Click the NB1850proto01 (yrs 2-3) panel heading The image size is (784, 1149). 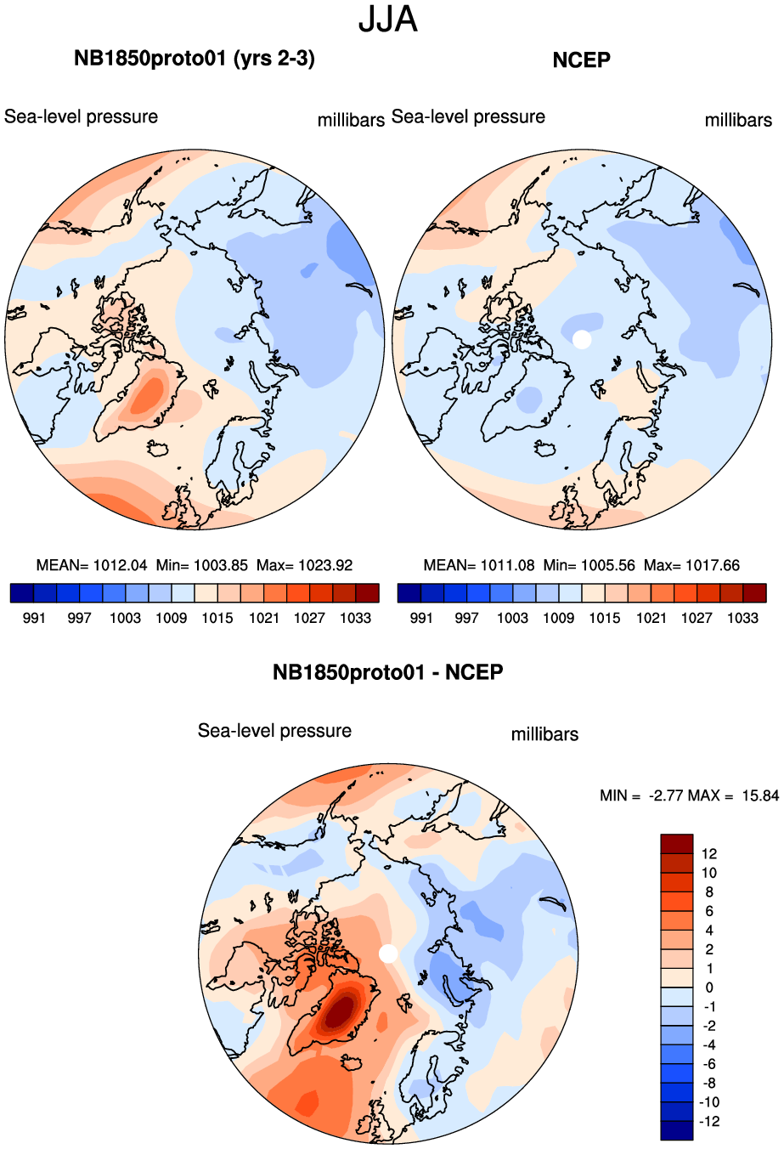point(195,59)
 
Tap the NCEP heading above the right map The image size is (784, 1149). point(581,59)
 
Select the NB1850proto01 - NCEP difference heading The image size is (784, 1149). point(388,672)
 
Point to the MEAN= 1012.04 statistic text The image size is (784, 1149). point(92,565)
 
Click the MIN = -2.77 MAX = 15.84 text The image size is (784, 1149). point(689,795)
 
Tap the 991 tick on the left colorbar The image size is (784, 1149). point(33,618)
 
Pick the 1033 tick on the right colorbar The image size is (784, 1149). point(742,618)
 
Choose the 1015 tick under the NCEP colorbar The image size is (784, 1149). point(605,618)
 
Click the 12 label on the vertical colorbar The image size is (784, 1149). point(709,854)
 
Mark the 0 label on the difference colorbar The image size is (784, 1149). point(709,988)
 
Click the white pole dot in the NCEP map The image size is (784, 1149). point(582,339)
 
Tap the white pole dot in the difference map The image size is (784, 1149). point(388,954)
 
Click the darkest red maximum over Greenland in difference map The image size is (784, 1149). point(340,1011)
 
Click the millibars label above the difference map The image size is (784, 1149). point(544,734)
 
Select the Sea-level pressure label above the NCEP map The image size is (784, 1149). point(469,117)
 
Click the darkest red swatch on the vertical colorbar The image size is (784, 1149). point(677,844)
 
